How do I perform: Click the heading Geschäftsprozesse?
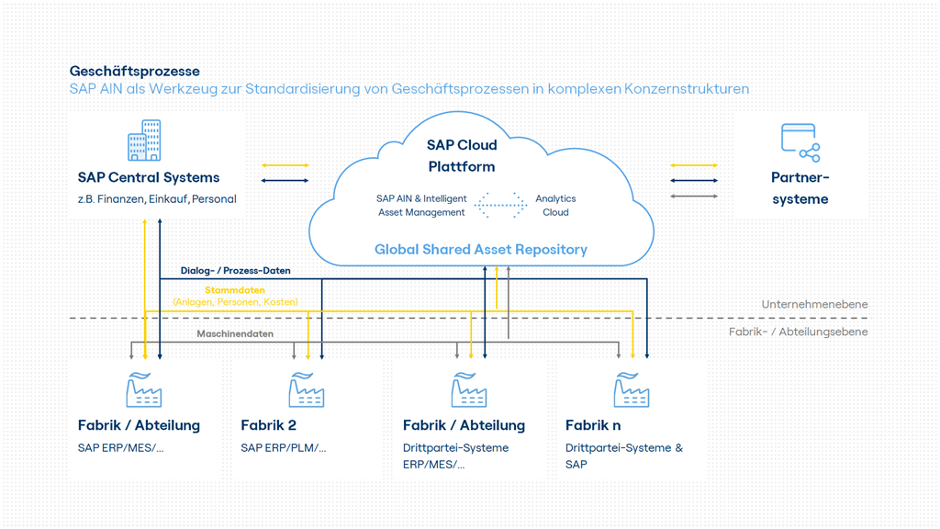[x=134, y=71]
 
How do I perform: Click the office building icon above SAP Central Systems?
[x=144, y=141]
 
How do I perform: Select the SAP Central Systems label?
[x=148, y=177]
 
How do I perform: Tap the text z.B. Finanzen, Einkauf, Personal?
[x=157, y=198]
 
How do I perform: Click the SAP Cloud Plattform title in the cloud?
[x=462, y=155]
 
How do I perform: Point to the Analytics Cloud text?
[x=555, y=205]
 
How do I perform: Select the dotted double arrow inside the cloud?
[x=501, y=205]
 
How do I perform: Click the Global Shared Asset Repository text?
[x=480, y=249]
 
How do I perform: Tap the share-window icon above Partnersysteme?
[x=800, y=142]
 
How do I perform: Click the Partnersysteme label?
[x=800, y=187]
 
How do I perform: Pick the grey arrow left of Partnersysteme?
[x=694, y=196]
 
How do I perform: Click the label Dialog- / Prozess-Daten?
[x=235, y=271]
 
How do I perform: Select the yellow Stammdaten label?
[x=235, y=290]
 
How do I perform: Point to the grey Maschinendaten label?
[x=235, y=334]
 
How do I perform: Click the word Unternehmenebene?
[x=814, y=304]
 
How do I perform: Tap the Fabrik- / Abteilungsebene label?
[x=798, y=332]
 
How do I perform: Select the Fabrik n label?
[x=593, y=425]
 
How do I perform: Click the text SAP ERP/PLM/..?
[x=283, y=448]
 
